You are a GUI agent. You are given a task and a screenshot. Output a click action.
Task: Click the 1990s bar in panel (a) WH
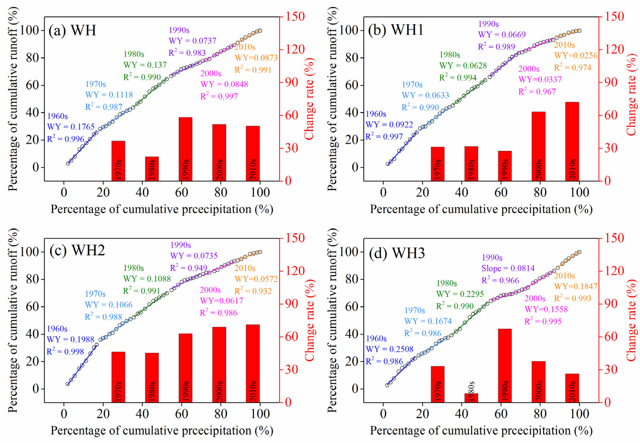coord(185,149)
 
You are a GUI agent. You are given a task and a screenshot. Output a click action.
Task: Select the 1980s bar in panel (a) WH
coord(152,169)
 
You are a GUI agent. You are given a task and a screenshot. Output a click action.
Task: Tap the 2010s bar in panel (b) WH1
coord(572,142)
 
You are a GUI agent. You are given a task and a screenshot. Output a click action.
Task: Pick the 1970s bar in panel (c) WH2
coord(118,377)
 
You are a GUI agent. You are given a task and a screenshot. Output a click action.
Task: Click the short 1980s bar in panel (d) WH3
coord(471,397)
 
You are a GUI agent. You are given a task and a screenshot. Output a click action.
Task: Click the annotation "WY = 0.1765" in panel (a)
coord(71,127)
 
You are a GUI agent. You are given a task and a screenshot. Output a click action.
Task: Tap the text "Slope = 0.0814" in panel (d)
coord(508,268)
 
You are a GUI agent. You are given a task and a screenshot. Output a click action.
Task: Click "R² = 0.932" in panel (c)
coord(253,291)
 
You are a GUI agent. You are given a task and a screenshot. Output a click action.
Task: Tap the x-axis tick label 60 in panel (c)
coord(182,414)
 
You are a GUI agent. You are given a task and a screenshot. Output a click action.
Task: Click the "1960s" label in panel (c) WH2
coord(57,329)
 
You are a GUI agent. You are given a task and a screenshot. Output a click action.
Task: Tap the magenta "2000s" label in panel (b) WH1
coord(529,69)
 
